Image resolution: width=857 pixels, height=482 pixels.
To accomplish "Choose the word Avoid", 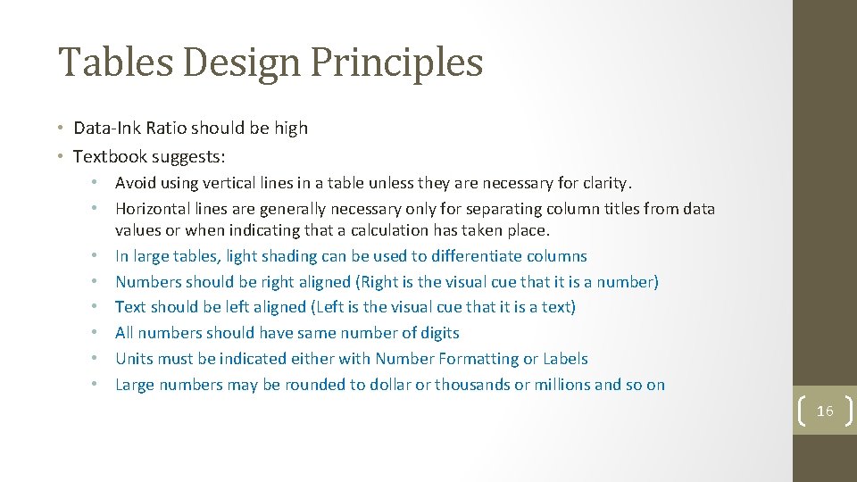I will pos(135,183).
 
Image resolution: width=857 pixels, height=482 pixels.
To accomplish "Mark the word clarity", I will pos(604,183).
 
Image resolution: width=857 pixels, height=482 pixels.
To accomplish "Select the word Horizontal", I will pos(154,209).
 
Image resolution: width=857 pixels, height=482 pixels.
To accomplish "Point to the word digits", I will pos(437,333).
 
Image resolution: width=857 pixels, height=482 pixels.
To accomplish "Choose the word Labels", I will pos(566,359).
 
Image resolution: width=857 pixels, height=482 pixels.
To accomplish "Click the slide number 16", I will pos(824,410).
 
